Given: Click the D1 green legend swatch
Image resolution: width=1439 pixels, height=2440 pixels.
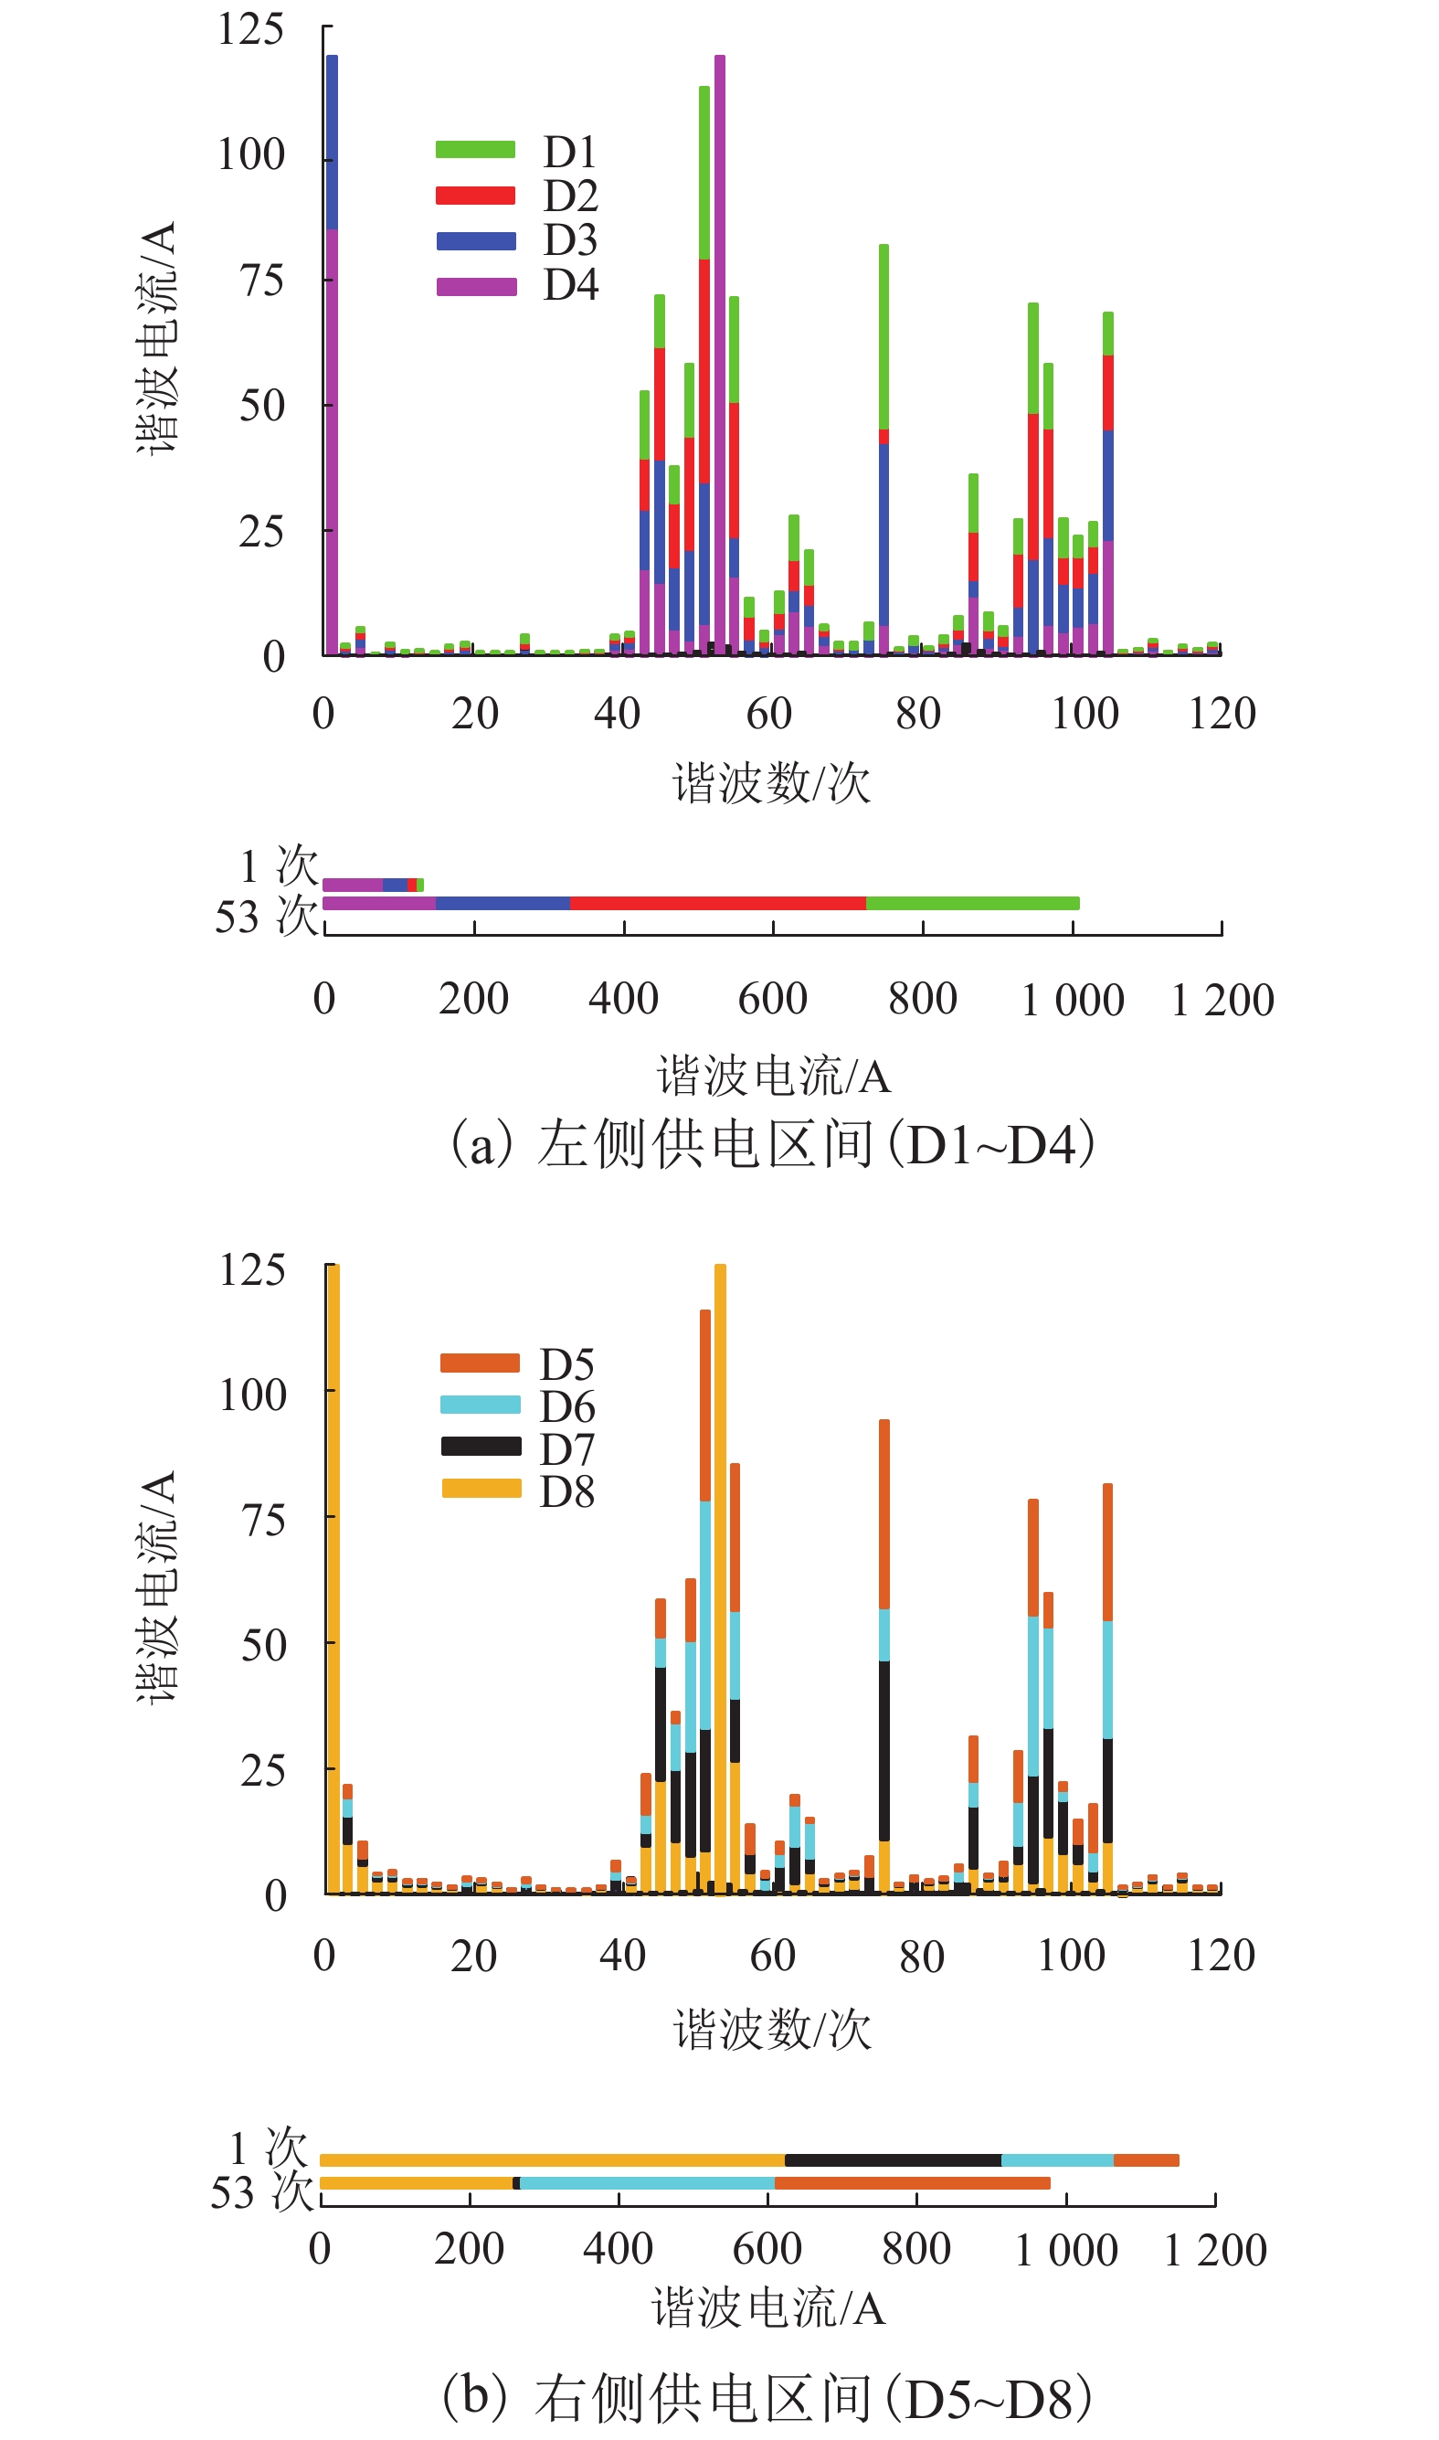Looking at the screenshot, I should (x=475, y=149).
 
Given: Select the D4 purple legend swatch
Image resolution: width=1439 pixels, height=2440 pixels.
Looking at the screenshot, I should (x=475, y=286).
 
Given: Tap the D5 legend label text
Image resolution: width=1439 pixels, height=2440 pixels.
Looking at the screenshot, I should (x=566, y=1364).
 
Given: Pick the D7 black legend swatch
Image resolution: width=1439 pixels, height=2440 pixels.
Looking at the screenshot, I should (x=481, y=1446).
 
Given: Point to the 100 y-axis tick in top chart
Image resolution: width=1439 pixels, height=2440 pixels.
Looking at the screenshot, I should (x=251, y=155).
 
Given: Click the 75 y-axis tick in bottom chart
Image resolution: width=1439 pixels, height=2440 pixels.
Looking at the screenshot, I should (x=263, y=1520).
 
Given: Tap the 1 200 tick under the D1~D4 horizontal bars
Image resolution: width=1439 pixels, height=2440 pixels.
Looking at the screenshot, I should (x=1222, y=1000).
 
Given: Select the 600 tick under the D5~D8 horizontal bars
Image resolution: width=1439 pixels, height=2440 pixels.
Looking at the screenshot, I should (x=767, y=2249).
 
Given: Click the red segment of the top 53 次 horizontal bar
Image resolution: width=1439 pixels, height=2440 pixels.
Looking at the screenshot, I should (x=717, y=904).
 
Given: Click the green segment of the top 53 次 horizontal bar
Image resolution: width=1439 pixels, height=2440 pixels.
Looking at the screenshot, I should (x=971, y=904).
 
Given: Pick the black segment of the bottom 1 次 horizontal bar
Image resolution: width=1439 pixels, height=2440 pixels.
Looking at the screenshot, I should (x=892, y=2159).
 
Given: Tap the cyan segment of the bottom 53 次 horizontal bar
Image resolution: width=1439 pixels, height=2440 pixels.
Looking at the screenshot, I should (x=647, y=2183).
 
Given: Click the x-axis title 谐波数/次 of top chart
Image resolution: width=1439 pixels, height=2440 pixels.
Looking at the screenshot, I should (x=772, y=782).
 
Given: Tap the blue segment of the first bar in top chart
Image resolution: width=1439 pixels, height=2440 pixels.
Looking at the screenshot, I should (x=332, y=143).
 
